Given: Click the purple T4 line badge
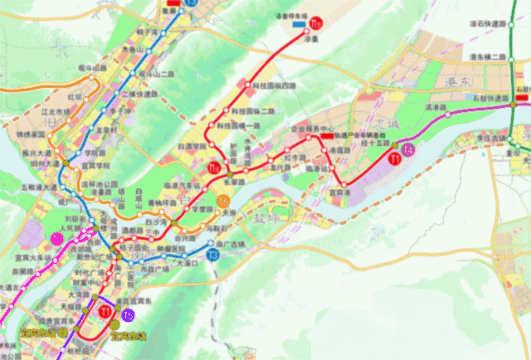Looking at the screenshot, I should (x=407, y=150).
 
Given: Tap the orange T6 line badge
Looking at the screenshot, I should (x=222, y=201).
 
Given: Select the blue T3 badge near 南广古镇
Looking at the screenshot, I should (x=213, y=255).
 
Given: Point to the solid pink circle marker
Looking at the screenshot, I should (x=56, y=240).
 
